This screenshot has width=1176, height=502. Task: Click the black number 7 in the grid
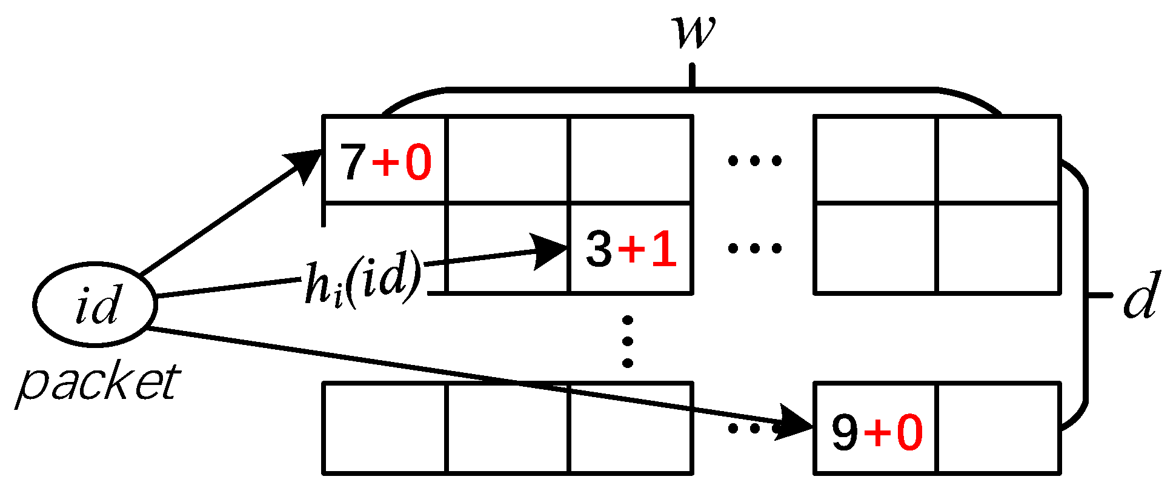click(x=353, y=162)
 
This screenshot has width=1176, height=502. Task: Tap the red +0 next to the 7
click(x=402, y=162)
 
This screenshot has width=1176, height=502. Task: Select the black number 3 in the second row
click(x=599, y=249)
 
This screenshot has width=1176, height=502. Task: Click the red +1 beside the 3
click(x=648, y=249)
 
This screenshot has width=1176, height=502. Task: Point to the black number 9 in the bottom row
click(x=845, y=432)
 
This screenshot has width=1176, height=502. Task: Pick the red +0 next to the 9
click(x=894, y=432)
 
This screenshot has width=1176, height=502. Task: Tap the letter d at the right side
click(x=1141, y=295)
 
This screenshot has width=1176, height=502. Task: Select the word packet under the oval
click(x=98, y=383)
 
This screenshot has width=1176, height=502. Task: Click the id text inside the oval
click(x=97, y=305)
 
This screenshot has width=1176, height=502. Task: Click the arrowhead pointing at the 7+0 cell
click(x=307, y=162)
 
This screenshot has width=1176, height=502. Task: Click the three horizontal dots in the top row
click(x=754, y=161)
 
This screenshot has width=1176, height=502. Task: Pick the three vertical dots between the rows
click(x=628, y=341)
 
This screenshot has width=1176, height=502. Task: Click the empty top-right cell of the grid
click(x=998, y=159)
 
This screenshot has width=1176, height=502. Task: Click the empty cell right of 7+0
click(x=507, y=159)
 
